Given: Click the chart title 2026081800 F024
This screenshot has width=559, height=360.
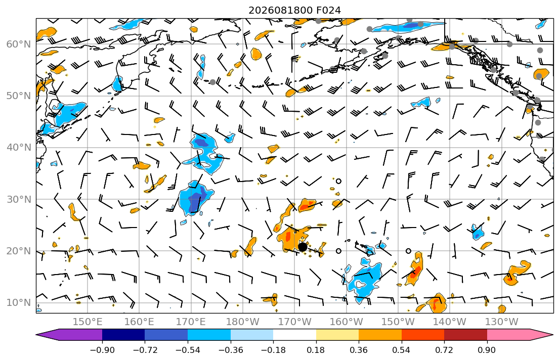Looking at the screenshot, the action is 294,10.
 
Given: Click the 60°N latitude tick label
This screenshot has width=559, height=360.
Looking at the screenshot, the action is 19,44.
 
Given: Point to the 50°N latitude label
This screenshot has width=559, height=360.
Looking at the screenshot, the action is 19,96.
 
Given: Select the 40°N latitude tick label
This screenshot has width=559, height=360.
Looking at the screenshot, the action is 19,148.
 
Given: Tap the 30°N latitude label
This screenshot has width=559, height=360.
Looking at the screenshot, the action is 19,199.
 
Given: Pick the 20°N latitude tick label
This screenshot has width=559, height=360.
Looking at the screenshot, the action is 19,251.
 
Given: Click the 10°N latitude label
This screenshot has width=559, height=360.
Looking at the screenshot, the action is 19,303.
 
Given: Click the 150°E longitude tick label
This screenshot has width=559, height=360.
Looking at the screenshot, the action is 88,322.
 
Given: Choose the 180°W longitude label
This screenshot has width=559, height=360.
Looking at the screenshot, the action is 243,322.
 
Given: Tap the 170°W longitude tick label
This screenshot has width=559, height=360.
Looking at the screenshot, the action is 294,322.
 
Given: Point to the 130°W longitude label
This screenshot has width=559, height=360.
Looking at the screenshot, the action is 502,322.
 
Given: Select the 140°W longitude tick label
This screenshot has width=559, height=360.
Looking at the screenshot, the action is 450,322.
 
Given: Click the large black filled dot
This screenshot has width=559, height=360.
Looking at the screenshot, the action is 303,247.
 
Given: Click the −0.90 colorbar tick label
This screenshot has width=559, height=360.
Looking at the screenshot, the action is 102,350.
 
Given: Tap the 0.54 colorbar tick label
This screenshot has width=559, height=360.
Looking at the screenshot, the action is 402,350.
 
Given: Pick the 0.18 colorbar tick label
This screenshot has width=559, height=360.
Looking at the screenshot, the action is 316,350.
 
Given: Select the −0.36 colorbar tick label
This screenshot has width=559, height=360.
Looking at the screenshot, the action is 230,350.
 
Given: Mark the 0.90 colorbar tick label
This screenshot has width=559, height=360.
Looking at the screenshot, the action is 487,350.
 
